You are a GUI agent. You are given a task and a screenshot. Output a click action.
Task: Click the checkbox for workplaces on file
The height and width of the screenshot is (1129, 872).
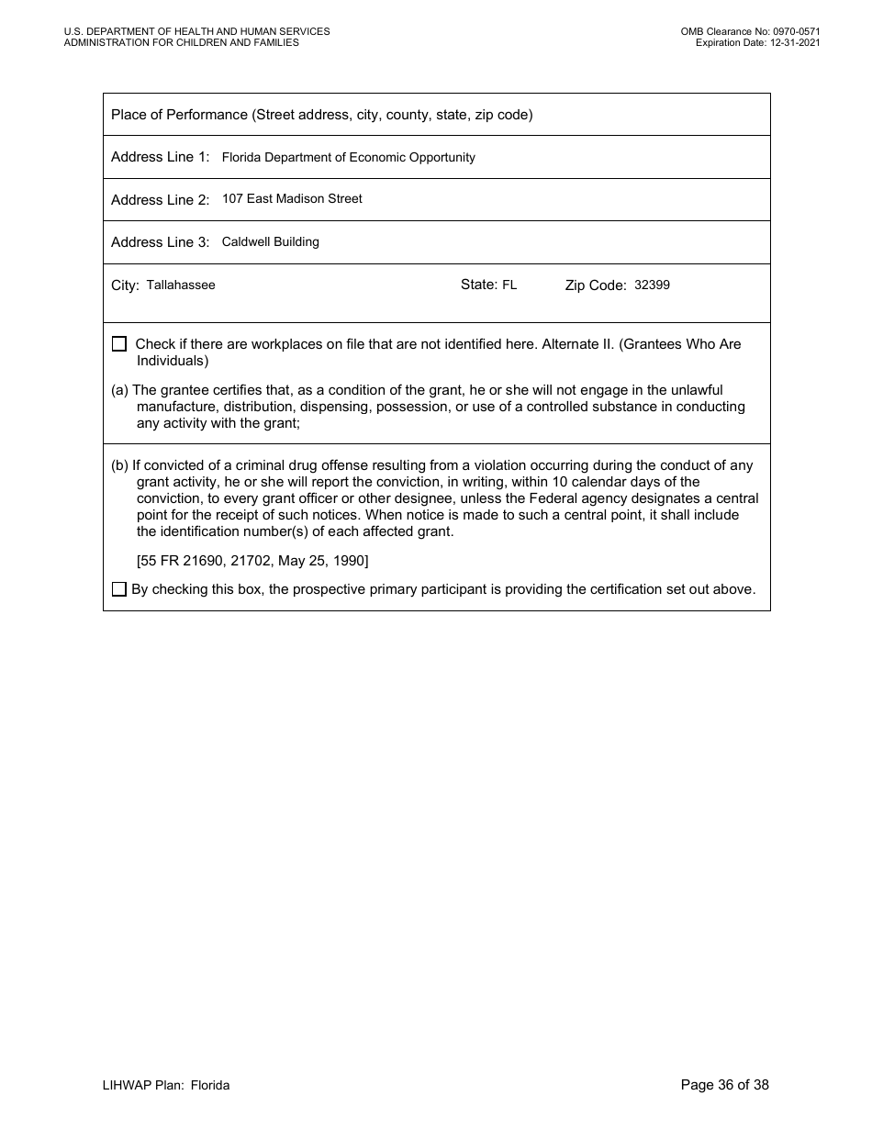pyautogui.click(x=119, y=344)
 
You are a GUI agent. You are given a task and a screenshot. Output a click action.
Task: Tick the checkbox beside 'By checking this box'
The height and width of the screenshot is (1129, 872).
pyautogui.click(x=119, y=589)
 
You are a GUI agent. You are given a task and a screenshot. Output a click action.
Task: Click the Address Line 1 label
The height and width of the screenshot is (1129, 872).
pyautogui.click(x=160, y=157)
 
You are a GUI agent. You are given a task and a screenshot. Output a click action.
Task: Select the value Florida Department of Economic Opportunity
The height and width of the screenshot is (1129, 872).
pyautogui.click(x=349, y=158)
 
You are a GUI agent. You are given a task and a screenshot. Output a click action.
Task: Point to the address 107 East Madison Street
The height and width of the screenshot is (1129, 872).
pyautogui.click(x=292, y=199)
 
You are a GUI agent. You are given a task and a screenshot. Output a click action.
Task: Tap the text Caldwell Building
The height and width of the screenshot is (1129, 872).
pyautogui.click(x=271, y=242)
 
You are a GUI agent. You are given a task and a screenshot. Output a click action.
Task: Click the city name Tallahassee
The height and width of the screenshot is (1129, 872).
pyautogui.click(x=181, y=285)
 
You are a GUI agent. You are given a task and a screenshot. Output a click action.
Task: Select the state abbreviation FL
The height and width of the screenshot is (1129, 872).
pyautogui.click(x=509, y=285)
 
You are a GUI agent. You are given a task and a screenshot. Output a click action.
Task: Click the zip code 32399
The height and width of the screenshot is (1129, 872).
pyautogui.click(x=652, y=285)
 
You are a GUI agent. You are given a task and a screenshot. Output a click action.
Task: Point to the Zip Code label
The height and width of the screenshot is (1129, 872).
pyautogui.click(x=596, y=285)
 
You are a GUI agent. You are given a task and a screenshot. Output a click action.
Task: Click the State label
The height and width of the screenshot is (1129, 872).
pyautogui.click(x=478, y=285)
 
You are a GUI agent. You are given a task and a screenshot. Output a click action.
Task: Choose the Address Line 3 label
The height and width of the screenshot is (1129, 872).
pyautogui.click(x=160, y=242)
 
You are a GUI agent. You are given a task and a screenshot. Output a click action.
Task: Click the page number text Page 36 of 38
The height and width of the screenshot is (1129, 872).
pyautogui.click(x=724, y=1085)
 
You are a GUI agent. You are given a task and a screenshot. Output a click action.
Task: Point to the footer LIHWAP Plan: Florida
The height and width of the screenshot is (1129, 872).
pyautogui.click(x=166, y=1086)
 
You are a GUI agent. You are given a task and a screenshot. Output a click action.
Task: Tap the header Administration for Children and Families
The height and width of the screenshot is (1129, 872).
pyautogui.click(x=181, y=42)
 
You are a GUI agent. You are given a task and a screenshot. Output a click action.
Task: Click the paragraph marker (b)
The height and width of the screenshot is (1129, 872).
pyautogui.click(x=119, y=465)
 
